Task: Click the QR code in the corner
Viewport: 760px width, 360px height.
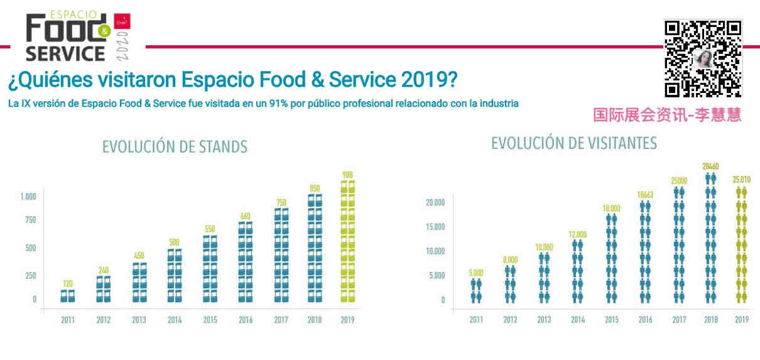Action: (x=703, y=58)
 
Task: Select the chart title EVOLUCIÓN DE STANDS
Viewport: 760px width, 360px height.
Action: (x=175, y=147)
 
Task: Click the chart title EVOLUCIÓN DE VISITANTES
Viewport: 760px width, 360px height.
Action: (x=573, y=143)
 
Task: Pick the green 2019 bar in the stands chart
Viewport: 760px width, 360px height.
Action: (x=347, y=242)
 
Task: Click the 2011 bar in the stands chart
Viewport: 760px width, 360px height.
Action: (x=68, y=296)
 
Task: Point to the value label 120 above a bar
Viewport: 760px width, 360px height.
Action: (x=68, y=284)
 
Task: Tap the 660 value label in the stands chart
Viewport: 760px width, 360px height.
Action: (x=245, y=217)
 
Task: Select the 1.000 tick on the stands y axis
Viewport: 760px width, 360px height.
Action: (x=28, y=197)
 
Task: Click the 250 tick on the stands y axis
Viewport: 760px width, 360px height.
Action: (x=30, y=275)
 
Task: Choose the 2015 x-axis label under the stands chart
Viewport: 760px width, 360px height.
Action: (x=210, y=320)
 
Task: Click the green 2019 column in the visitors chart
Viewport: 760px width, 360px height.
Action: (x=742, y=244)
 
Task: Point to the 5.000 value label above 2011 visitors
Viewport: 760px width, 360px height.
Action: (x=476, y=273)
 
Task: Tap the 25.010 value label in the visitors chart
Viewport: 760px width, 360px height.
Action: (x=741, y=180)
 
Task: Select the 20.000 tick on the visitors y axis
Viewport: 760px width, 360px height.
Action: (x=434, y=202)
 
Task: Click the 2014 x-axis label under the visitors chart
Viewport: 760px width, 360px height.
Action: (x=578, y=320)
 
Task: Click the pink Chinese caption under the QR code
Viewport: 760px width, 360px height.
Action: (x=667, y=114)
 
